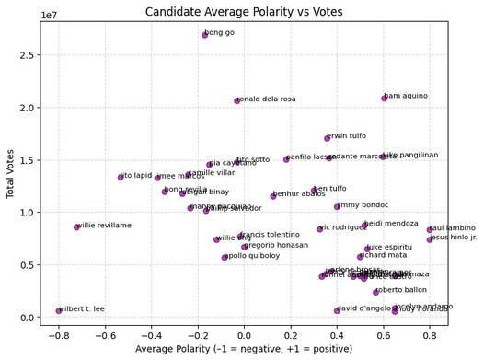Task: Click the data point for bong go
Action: point(205,35)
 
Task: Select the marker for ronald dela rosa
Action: point(237,100)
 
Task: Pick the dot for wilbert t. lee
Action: point(59,310)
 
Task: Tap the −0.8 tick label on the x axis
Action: point(59,335)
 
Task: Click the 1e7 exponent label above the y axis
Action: point(52,15)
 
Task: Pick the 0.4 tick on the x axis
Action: point(337,335)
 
